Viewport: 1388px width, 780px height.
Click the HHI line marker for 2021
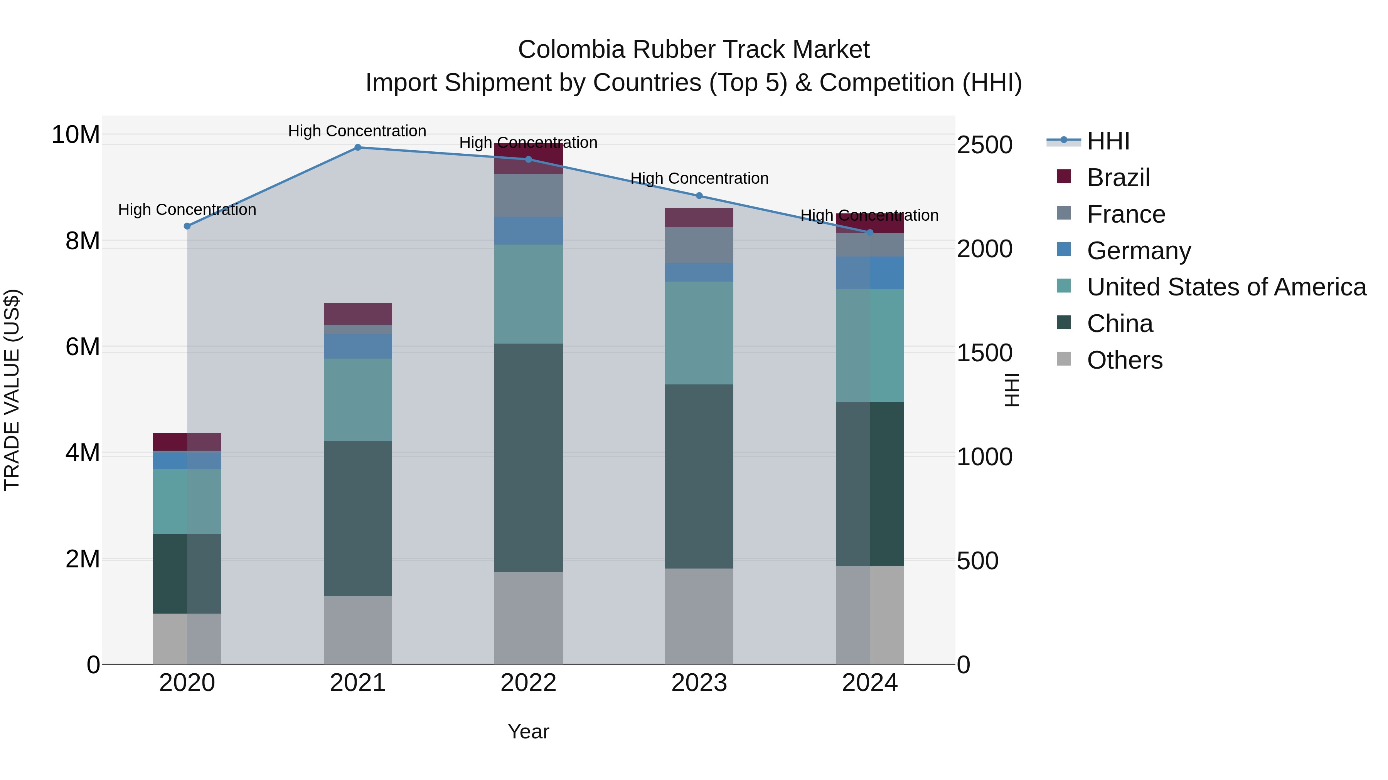click(x=358, y=147)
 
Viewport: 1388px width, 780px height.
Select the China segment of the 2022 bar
click(x=529, y=458)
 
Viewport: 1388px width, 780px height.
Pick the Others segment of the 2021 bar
click(x=358, y=630)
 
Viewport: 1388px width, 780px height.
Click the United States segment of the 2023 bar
click(x=699, y=333)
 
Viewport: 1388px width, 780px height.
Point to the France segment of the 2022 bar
click(x=529, y=195)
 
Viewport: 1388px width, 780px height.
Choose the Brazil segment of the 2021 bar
click(x=358, y=314)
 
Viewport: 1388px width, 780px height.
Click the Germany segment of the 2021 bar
click(x=358, y=346)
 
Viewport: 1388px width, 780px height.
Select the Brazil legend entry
click(x=1118, y=178)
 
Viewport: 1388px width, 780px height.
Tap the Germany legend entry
click(x=1139, y=251)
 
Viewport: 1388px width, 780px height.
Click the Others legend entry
click(x=1125, y=360)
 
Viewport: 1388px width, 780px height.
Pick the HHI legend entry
click(x=1108, y=141)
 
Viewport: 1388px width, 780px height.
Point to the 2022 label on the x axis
click(x=529, y=683)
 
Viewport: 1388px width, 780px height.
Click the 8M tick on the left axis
click(x=83, y=241)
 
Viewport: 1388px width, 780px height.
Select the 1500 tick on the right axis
click(x=984, y=353)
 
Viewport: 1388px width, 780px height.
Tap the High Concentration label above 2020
click(x=187, y=210)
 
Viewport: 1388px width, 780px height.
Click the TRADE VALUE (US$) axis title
click(x=12, y=390)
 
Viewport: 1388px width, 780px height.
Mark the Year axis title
click(x=529, y=731)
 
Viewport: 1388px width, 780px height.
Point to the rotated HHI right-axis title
click(x=1012, y=390)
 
